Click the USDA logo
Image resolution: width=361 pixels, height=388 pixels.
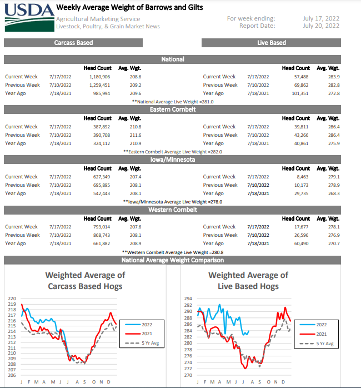(x=29, y=17)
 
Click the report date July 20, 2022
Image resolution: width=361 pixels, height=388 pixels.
(x=321, y=26)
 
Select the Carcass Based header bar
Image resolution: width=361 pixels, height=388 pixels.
(x=73, y=43)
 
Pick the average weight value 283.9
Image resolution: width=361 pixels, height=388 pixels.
(x=334, y=77)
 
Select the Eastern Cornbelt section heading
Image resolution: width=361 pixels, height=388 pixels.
(x=173, y=110)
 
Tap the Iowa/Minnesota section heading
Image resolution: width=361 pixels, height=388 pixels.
(x=173, y=160)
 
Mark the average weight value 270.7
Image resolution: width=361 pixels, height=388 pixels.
(x=334, y=243)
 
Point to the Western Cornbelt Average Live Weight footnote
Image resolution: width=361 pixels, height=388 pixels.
(x=173, y=252)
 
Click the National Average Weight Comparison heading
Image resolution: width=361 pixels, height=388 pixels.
(x=173, y=260)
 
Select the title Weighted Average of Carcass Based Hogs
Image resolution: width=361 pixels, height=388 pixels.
(x=85, y=281)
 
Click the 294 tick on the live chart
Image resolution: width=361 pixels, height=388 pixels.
(x=188, y=299)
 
